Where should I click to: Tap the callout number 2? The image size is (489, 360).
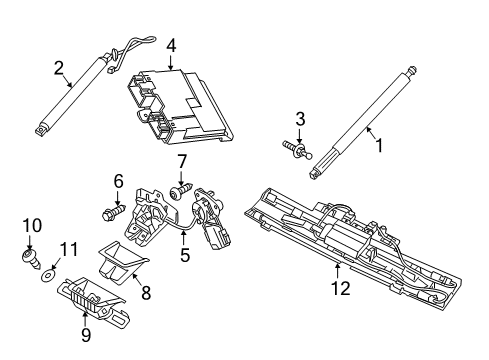(59, 67)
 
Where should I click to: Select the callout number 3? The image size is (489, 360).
(298, 120)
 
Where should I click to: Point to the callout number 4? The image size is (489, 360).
(171, 45)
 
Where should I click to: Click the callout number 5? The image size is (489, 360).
(184, 254)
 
